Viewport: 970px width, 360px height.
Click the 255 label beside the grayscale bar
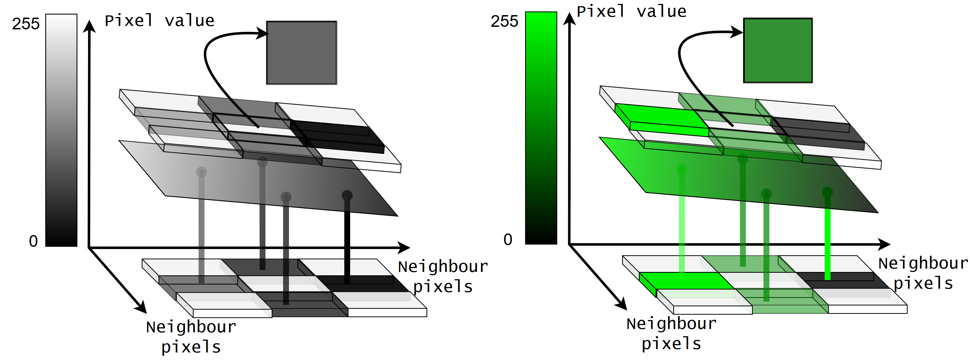coord(26,24)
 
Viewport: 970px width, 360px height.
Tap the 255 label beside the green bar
coord(504,22)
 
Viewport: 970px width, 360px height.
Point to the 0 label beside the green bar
coord(507,240)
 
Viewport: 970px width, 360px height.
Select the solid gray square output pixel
coord(301,53)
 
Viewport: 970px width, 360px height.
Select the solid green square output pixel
coord(777,50)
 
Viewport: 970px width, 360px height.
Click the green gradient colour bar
coord(541,128)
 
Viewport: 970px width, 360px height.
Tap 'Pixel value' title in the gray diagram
coord(159,21)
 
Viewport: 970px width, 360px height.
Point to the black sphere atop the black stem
coord(347,195)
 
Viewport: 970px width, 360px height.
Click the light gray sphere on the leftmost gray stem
coord(201,172)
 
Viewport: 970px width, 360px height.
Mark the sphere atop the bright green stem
coord(827,192)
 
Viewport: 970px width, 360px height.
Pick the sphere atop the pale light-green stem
coord(682,168)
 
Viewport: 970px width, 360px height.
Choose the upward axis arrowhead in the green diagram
coord(569,19)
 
